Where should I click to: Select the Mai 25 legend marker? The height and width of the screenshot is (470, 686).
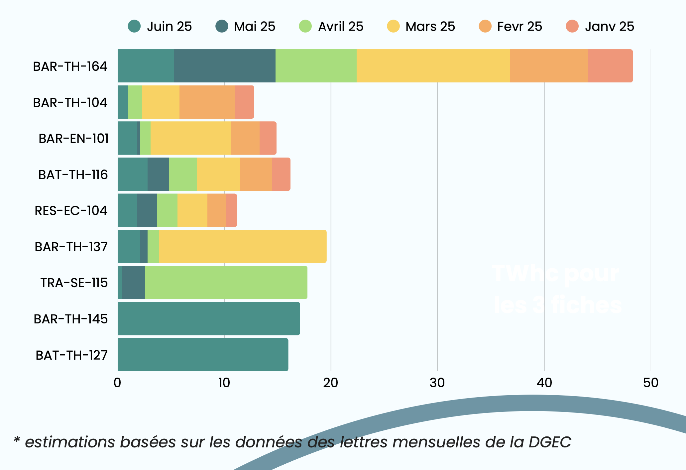coord(222,26)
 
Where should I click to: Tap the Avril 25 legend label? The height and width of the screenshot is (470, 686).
coord(340,26)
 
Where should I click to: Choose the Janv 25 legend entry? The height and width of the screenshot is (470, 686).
coord(600,26)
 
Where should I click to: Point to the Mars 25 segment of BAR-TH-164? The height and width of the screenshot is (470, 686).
coord(433,66)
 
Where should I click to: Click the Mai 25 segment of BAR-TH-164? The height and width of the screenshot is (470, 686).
coord(225,66)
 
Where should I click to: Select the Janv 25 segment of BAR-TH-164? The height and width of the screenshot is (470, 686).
coord(610,66)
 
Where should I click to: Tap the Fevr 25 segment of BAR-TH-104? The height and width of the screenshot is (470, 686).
coord(207,102)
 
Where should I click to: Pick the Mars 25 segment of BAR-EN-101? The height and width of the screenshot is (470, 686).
coord(190,138)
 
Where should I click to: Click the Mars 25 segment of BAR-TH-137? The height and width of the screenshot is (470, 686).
coord(243,246)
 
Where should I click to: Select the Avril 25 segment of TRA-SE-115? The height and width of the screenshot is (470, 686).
coord(226,283)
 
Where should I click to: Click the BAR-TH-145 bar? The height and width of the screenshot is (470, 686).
coord(209,318)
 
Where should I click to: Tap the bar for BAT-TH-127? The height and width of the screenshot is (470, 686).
coord(203,355)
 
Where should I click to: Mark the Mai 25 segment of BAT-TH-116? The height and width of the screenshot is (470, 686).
coord(158,174)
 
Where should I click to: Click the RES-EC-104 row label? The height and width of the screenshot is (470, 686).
coord(71,211)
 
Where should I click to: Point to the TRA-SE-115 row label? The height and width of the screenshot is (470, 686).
coord(74,283)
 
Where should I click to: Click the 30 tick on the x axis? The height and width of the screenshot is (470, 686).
coord(437,383)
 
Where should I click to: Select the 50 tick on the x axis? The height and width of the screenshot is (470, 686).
coord(650,383)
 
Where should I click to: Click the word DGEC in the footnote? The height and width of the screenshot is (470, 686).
coord(550,442)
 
